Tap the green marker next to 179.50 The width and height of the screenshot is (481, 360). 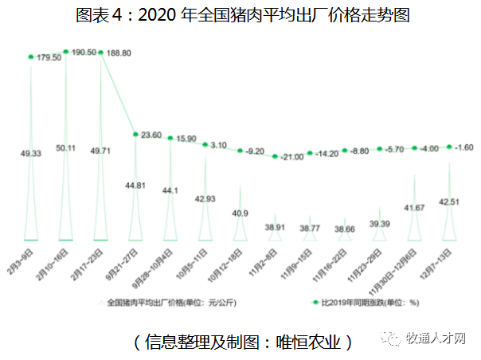coord(31,57)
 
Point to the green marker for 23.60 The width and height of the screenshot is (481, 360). coord(135,134)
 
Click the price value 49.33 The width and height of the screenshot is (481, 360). coord(32,154)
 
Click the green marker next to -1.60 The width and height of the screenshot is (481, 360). coord(450,147)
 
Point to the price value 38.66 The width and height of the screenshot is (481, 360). coord(344,229)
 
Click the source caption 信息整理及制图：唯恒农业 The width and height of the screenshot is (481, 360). coord(243,341)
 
